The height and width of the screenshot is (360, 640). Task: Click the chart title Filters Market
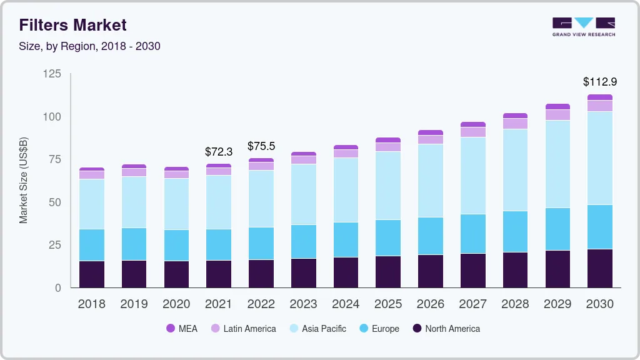73,25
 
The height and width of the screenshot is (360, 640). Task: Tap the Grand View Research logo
584,27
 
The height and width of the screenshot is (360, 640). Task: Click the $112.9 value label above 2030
600,82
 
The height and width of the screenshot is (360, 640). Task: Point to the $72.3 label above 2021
219,151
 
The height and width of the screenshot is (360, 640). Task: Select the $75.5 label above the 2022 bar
261,146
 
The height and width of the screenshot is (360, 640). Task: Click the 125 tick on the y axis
52,74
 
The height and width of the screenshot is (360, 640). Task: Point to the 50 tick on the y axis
55,202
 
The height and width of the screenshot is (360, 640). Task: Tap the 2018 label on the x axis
91,304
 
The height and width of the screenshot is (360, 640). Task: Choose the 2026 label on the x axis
431,304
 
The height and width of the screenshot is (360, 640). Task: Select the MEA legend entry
182,329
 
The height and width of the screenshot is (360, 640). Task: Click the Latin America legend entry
243,329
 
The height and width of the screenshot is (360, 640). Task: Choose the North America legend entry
446,329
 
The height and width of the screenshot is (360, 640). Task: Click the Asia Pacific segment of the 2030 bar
600,158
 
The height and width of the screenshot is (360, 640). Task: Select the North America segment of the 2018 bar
92,274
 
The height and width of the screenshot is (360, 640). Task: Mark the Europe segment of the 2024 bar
346,239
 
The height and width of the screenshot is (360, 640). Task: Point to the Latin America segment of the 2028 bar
515,124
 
